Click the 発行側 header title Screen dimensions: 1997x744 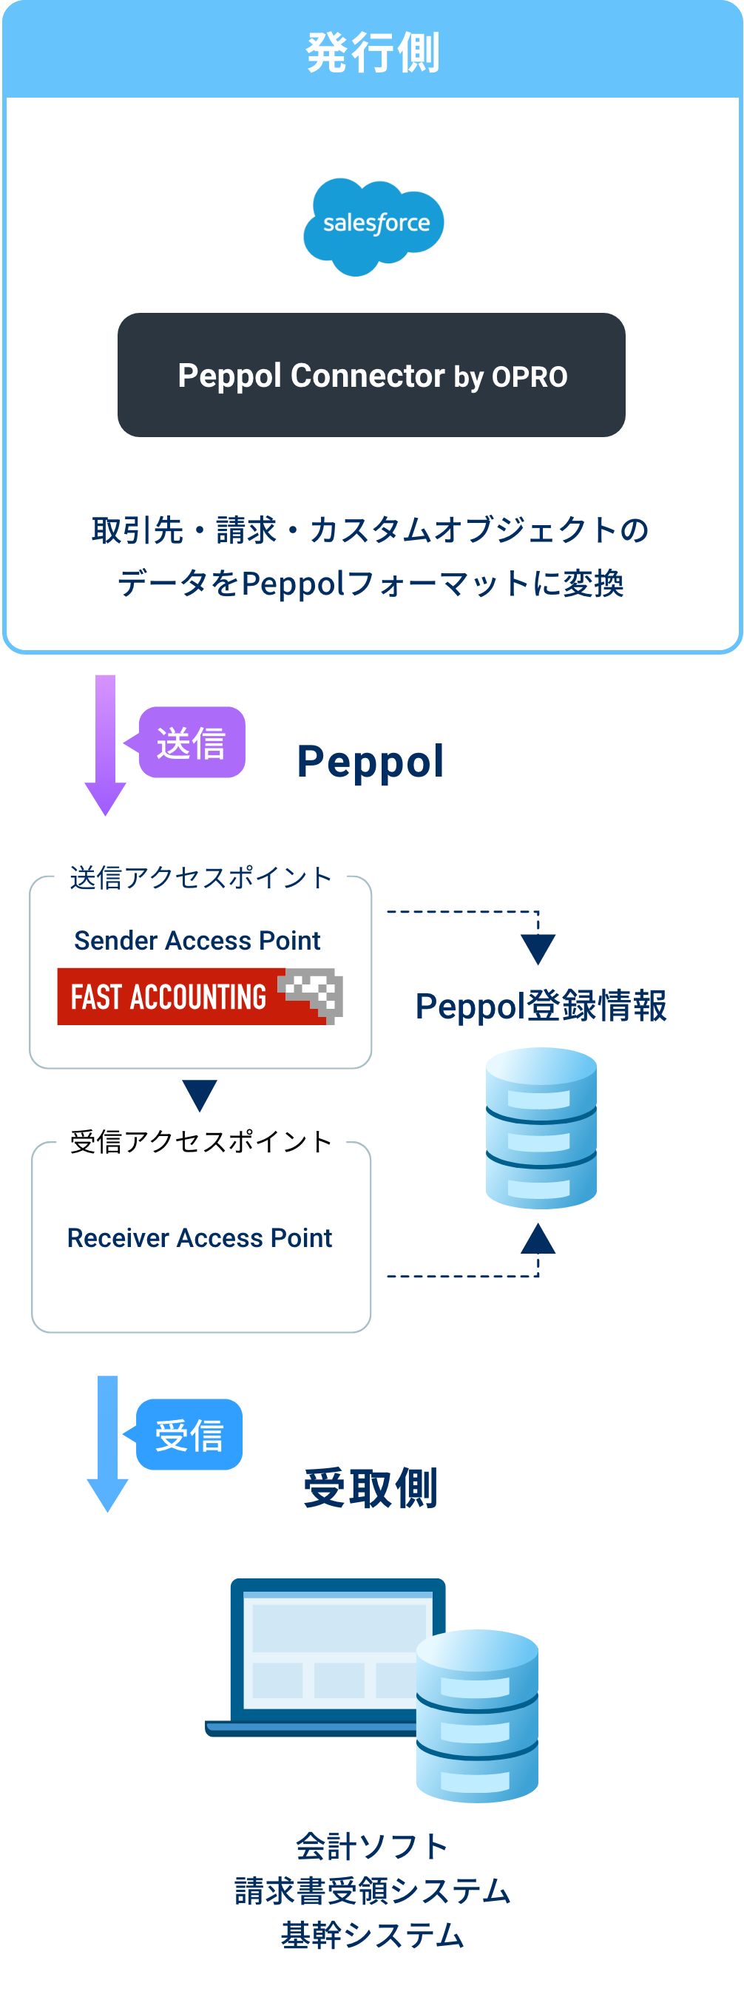point(373,53)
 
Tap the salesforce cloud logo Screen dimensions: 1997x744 point(373,226)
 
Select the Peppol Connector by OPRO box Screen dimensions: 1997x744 point(371,375)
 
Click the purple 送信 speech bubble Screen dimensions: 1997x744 point(192,742)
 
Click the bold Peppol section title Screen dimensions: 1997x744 point(371,761)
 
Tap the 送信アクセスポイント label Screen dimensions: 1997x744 point(200,877)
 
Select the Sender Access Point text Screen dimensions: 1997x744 point(197,940)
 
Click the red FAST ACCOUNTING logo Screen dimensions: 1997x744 point(199,996)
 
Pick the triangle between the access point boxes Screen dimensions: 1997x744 point(199,1095)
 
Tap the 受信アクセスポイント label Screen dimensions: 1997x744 point(200,1141)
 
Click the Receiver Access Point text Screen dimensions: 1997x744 point(199,1238)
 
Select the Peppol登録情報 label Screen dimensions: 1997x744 point(540,1006)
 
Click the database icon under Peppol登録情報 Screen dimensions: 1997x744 point(541,1128)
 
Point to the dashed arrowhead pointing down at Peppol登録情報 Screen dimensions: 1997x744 point(538,948)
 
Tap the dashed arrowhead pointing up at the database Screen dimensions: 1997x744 point(538,1239)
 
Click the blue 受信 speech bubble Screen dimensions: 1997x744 point(189,1434)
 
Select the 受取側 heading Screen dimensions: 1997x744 point(371,1488)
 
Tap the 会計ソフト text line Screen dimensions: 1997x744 point(372,1848)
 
